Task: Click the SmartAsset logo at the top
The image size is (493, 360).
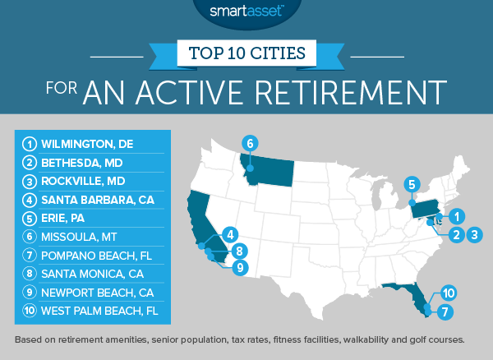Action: click(246, 12)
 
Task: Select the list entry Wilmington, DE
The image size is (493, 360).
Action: click(83, 145)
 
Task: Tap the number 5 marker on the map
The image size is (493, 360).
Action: click(412, 184)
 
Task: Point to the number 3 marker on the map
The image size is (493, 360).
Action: click(474, 234)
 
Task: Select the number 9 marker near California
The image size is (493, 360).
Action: click(239, 266)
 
